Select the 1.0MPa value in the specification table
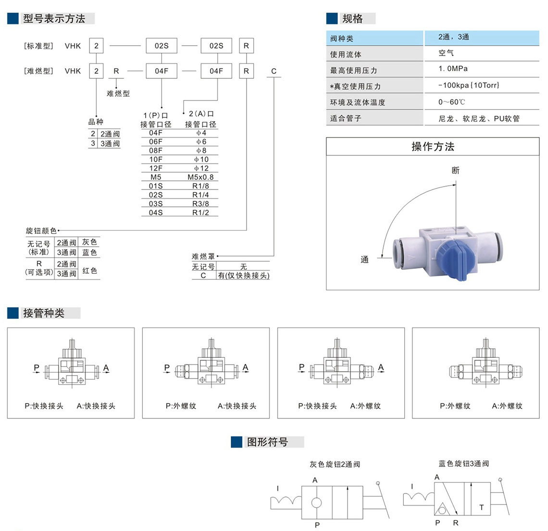click(453, 69)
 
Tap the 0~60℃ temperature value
click(451, 102)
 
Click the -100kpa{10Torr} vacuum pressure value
click(469, 85)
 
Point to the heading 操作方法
click(433, 147)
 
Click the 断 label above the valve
click(456, 170)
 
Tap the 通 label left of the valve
click(365, 260)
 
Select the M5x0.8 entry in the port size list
click(200, 177)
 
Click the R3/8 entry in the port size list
click(200, 203)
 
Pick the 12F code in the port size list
click(156, 168)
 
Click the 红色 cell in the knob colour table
click(89, 271)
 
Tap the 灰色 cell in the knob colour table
click(89, 242)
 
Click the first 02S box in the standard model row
click(162, 46)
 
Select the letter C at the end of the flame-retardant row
click(274, 71)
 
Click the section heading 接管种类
click(44, 313)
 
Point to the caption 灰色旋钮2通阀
click(335, 464)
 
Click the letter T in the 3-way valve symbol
click(481, 507)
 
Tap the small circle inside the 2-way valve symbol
click(316, 503)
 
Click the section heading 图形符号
click(267, 442)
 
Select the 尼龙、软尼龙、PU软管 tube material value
click(479, 118)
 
